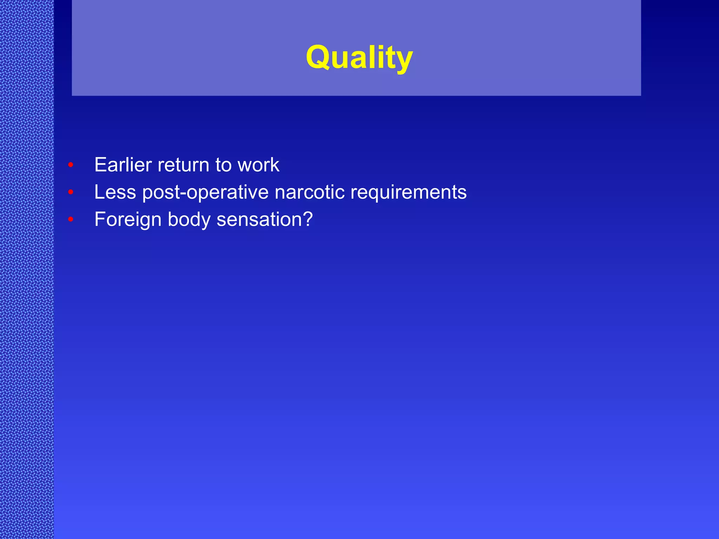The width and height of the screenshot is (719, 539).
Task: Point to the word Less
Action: [x=115, y=192]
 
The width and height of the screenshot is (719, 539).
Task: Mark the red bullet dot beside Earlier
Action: [x=71, y=165]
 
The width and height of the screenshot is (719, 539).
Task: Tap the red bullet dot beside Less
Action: [x=71, y=192]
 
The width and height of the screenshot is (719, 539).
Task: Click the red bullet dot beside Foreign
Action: [x=71, y=219]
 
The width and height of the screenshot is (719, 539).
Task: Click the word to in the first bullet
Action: [x=223, y=165]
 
